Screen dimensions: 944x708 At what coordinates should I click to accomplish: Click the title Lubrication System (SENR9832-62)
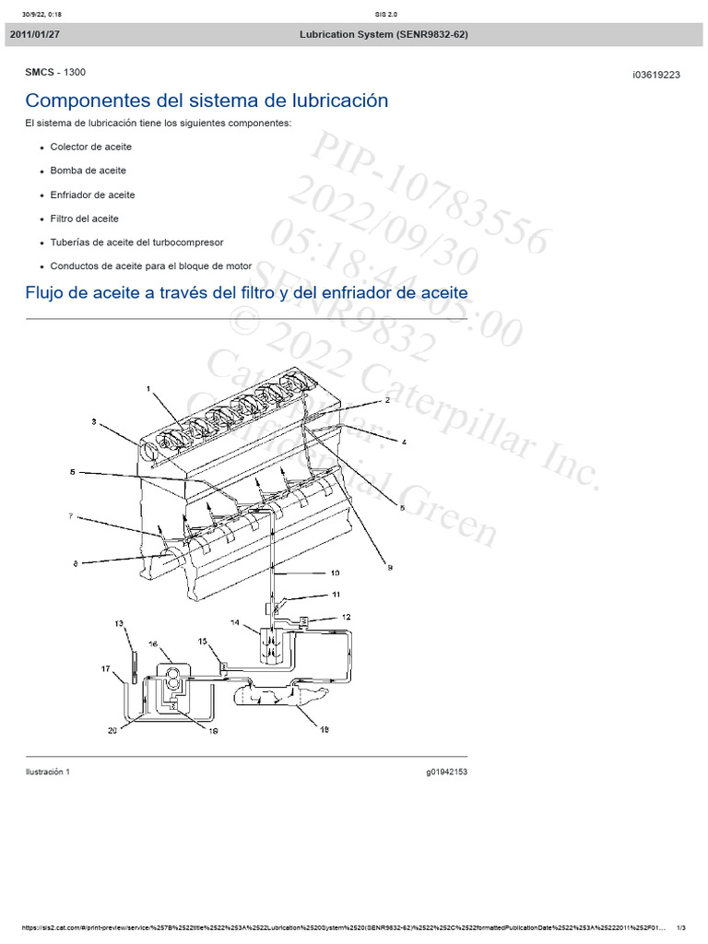coord(383,34)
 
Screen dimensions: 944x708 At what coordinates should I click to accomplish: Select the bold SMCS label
coord(41,72)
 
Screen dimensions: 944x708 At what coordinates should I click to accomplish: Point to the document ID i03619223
coord(656,76)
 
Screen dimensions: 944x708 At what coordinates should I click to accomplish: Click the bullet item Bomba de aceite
coord(88,171)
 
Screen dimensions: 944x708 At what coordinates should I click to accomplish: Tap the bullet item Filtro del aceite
coord(85,218)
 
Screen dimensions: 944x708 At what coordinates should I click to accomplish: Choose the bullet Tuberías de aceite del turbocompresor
coord(136,242)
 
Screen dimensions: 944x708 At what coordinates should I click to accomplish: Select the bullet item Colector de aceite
coord(91,147)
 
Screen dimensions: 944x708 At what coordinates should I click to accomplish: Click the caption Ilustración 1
coord(47,772)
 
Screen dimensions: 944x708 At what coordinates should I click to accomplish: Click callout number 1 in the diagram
coord(147,390)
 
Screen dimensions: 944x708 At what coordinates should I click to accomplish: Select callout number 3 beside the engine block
coord(93,422)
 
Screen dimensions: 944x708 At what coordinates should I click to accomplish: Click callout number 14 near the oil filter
coord(234,624)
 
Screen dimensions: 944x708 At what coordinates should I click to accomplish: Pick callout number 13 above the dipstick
coord(118,624)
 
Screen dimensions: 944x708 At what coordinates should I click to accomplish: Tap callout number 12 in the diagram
coord(346,617)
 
